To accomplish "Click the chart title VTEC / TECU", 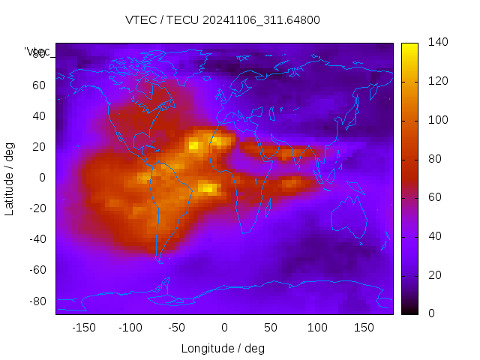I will (x=222, y=20).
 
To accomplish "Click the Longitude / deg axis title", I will (x=223, y=349).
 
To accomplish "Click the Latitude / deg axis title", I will (x=10, y=178).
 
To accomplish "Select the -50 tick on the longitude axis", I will (x=177, y=328).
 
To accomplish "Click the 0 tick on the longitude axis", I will (x=224, y=328).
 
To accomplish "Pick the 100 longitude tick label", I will (x=317, y=328).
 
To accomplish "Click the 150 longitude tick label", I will (x=364, y=328).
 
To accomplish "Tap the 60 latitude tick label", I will (x=39, y=85).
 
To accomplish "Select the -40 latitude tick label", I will (x=36, y=239).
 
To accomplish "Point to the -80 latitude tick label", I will (x=36, y=301).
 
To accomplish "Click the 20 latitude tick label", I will (x=39, y=146).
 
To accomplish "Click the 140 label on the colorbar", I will (x=438, y=42).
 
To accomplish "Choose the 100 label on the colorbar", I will (x=438, y=120).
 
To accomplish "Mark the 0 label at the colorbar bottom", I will (x=431, y=313).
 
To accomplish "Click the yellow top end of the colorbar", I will (x=409, y=47).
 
